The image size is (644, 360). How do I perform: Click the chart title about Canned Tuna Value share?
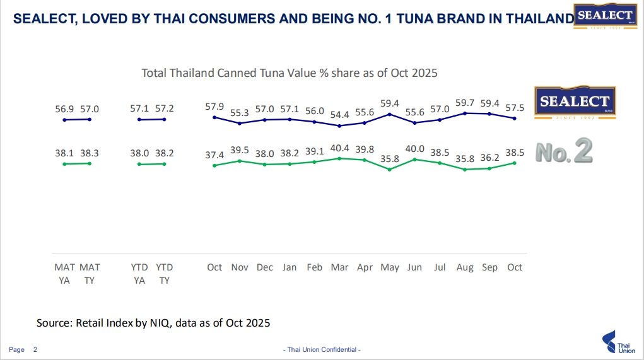[x=290, y=73]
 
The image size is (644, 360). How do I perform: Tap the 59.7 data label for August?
[x=465, y=102]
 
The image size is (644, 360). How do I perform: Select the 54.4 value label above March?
[x=339, y=115]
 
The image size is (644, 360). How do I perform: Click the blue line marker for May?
[x=390, y=114]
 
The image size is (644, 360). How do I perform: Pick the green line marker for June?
[x=414, y=160]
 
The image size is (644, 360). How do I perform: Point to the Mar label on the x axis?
[x=339, y=267]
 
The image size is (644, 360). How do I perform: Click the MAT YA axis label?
[x=64, y=274]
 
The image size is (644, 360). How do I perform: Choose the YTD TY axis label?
[x=164, y=274]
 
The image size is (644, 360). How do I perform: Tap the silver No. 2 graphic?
[x=563, y=152]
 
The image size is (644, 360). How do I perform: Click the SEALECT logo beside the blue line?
[x=574, y=102]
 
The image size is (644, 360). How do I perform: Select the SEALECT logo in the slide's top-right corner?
[x=605, y=17]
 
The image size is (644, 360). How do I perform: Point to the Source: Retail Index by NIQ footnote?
[x=153, y=323]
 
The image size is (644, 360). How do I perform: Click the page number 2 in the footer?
[x=35, y=349]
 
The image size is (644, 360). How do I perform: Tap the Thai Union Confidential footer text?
[x=321, y=349]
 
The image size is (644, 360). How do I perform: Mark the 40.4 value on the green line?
[x=339, y=148]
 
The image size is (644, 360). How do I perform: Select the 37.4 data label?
[x=214, y=155]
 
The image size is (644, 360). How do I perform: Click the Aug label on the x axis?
[x=465, y=267]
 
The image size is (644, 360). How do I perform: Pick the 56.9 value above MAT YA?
[x=64, y=109]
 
